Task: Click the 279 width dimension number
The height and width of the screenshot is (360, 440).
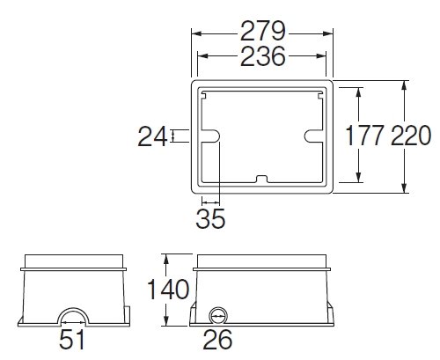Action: [263, 31]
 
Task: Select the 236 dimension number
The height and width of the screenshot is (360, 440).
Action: [263, 55]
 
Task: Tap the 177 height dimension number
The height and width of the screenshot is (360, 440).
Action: [364, 136]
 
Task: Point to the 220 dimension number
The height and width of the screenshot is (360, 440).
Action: [411, 136]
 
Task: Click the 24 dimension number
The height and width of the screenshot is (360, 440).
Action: [152, 136]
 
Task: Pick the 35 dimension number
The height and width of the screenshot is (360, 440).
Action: [210, 218]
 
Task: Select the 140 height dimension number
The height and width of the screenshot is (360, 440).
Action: [168, 290]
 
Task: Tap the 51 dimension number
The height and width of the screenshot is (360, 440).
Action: [71, 339]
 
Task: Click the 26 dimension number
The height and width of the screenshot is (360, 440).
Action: [217, 340]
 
